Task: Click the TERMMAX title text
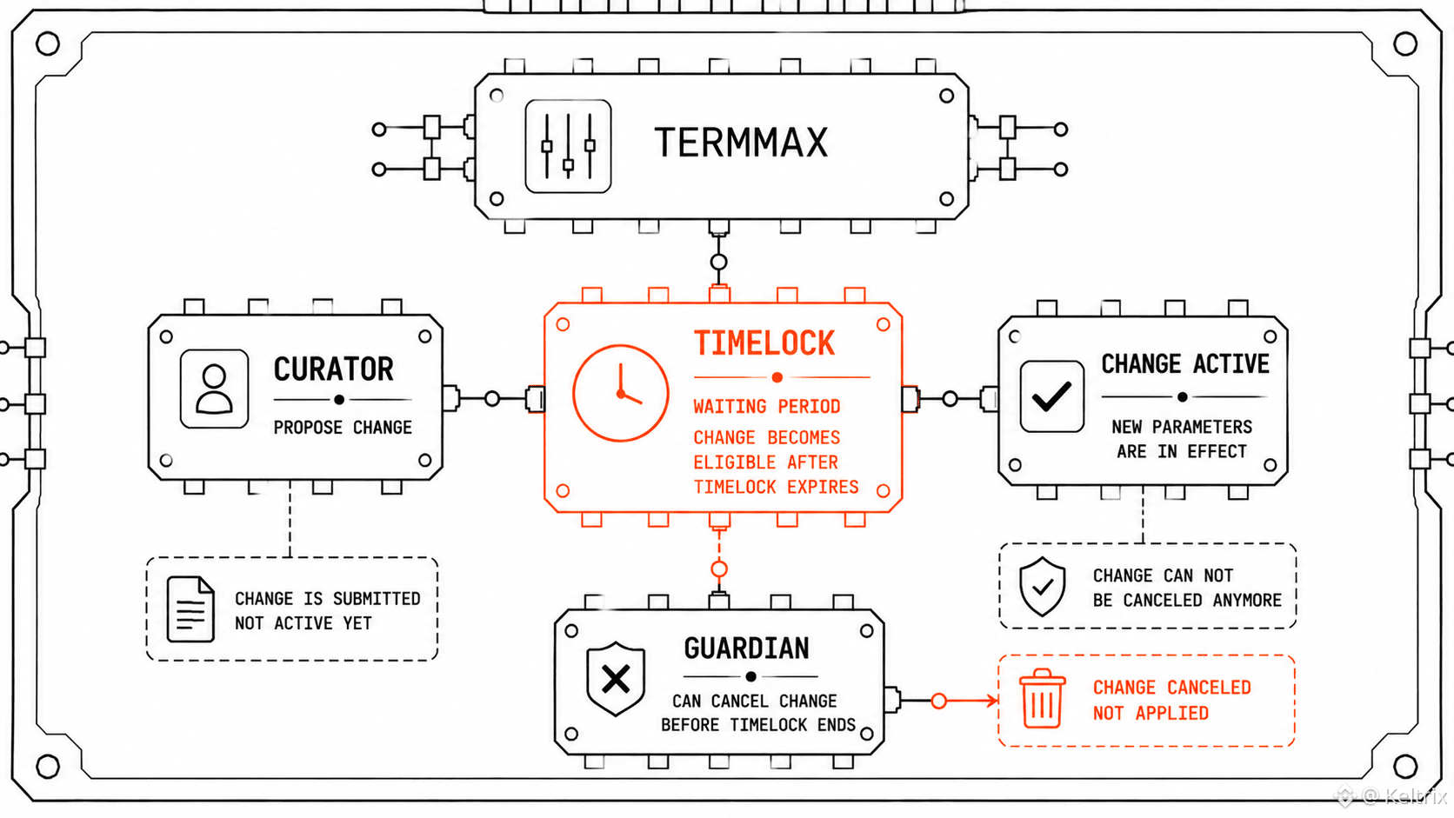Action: (x=741, y=143)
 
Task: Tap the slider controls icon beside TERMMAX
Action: (x=568, y=146)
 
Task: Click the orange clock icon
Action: (x=621, y=393)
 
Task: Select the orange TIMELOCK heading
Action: (x=764, y=343)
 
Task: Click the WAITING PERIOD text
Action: (x=767, y=407)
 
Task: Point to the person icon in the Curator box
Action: (x=214, y=389)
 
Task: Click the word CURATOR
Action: (x=333, y=369)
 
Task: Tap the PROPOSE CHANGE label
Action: (x=343, y=428)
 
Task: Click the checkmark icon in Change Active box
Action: (x=1051, y=396)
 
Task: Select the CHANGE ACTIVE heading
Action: (x=1185, y=364)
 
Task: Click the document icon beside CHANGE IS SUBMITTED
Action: (x=190, y=609)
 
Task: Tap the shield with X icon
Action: (x=616, y=679)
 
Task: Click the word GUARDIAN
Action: (x=746, y=648)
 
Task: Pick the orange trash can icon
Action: (x=1042, y=699)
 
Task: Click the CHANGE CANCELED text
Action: (x=1171, y=688)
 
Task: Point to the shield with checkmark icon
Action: (x=1042, y=587)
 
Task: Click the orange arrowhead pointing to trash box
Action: (x=992, y=701)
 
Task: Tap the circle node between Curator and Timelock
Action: (x=492, y=399)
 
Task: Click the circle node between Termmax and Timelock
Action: (x=718, y=262)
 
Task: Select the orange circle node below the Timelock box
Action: (x=719, y=569)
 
